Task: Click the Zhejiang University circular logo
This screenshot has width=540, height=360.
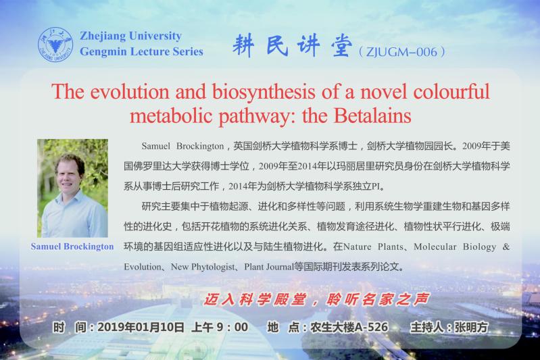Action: (55, 45)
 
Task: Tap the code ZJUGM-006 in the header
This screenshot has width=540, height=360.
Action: (401, 52)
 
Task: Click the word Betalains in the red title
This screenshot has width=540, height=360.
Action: (372, 115)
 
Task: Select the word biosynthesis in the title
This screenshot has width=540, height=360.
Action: (264, 93)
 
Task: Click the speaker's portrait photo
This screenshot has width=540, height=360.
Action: (72, 188)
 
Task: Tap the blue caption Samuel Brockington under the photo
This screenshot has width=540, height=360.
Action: (72, 247)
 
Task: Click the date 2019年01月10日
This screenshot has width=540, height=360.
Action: (141, 327)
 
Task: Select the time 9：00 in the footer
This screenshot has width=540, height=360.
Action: (232, 327)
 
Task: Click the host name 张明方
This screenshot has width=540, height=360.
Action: (471, 327)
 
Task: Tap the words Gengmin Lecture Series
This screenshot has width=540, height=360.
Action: (141, 51)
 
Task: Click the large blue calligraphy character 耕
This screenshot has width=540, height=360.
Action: (243, 45)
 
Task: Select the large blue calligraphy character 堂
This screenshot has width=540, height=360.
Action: (341, 45)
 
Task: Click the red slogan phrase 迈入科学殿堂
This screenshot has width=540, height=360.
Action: (255, 299)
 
